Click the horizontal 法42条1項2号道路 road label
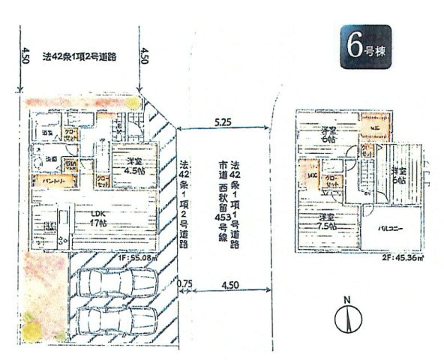78,55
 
